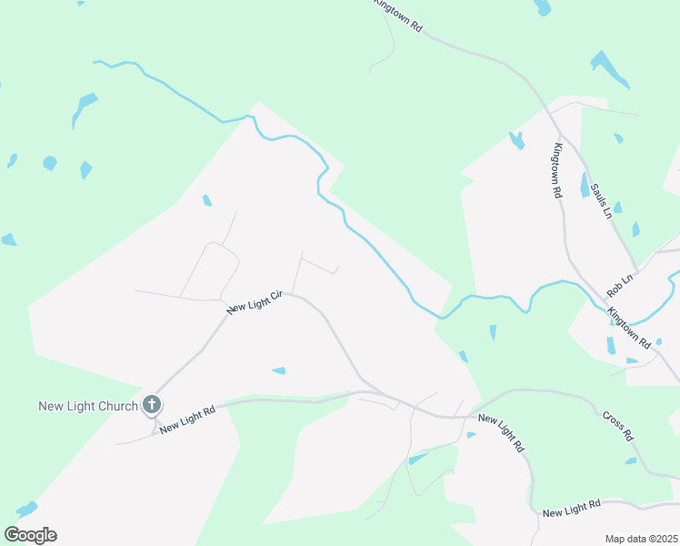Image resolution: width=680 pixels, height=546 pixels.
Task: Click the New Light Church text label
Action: click(x=87, y=406)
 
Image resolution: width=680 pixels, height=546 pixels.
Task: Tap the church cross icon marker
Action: click(x=152, y=405)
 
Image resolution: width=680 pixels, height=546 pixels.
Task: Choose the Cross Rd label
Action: click(x=618, y=426)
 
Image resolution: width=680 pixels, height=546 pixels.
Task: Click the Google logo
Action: click(x=30, y=535)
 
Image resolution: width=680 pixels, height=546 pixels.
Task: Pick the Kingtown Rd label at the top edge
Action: click(x=399, y=16)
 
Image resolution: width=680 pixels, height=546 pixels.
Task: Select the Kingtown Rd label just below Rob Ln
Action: click(x=629, y=329)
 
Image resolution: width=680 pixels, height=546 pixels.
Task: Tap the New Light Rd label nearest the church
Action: click(x=186, y=420)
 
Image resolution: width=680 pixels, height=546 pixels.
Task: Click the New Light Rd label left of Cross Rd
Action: click(x=501, y=433)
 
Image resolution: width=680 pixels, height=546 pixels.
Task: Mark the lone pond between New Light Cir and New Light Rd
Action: click(x=278, y=370)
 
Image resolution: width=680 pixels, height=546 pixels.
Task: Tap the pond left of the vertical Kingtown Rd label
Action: click(x=516, y=140)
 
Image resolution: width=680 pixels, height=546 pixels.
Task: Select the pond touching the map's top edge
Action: click(x=542, y=7)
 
